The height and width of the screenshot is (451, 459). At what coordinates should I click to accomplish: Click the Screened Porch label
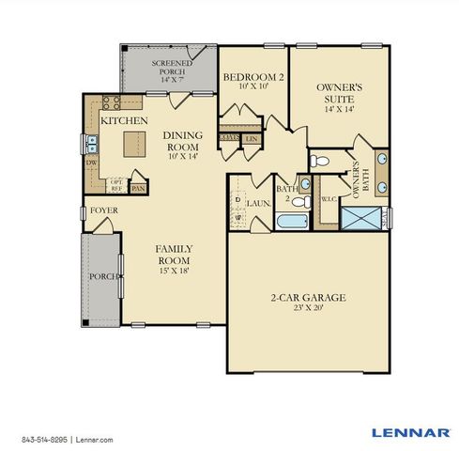click(x=171, y=65)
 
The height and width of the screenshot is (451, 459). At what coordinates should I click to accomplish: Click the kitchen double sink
click(x=92, y=143)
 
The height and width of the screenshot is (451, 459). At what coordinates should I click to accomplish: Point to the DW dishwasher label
click(x=91, y=163)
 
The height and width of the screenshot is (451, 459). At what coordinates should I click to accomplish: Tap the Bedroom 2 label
click(x=251, y=77)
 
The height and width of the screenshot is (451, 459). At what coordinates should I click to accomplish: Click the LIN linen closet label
click(x=252, y=138)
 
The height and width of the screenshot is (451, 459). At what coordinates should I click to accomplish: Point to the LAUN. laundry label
click(x=256, y=201)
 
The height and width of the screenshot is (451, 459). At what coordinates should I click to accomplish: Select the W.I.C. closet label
click(x=329, y=198)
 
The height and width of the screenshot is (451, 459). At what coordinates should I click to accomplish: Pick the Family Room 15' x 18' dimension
click(x=175, y=271)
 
